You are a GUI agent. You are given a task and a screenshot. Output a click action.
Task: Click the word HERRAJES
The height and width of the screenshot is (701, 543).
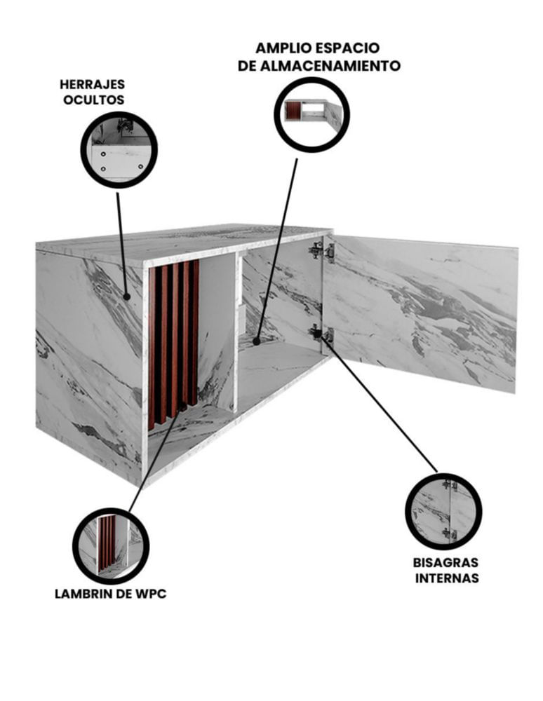click(92, 85)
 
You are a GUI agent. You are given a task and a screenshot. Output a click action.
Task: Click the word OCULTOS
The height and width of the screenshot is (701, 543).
click(93, 100)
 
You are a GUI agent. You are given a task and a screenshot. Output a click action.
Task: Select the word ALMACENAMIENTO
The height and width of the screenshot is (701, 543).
click(330, 66)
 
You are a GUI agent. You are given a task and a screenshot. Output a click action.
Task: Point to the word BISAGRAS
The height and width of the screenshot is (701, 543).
click(445, 562)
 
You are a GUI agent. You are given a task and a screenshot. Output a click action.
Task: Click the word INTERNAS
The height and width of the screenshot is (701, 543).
click(447, 578)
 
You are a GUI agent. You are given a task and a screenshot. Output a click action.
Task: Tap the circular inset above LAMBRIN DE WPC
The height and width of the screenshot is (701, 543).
click(111, 546)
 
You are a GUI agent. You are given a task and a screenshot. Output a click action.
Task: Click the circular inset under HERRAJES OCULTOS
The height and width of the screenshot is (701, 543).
click(119, 149)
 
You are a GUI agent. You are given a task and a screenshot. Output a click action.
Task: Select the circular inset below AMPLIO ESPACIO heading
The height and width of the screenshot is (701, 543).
click(311, 114)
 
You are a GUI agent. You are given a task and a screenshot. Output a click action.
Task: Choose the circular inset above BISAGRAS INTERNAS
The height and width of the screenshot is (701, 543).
click(443, 512)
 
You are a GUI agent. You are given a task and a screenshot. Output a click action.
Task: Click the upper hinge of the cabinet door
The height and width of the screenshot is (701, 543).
click(321, 251)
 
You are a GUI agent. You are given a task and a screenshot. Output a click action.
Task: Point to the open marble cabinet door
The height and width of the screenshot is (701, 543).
click(420, 313)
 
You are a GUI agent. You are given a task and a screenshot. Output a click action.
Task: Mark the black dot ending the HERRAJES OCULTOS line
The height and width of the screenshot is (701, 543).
click(126, 296)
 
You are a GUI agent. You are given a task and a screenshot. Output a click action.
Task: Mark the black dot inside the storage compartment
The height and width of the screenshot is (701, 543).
click(256, 341)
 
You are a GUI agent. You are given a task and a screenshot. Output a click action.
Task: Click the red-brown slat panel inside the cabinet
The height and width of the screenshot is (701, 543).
click(173, 343)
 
